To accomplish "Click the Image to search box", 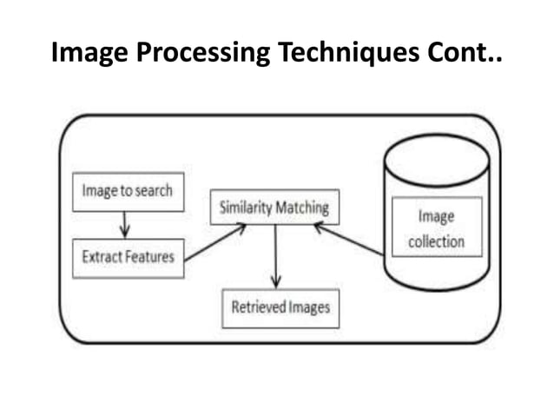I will click(127, 192).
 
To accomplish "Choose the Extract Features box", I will click(127, 257).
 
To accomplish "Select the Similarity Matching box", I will click(274, 207).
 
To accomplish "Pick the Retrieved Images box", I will click(280, 307).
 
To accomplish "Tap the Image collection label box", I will click(436, 227).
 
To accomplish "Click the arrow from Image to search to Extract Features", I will click(124, 224).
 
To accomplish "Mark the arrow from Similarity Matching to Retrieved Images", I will click(275, 256).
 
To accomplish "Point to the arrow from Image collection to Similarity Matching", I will click(348, 239).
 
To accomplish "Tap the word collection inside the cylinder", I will click(436, 240).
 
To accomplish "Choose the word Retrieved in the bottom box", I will click(259, 307).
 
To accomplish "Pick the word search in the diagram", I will click(154, 192).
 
